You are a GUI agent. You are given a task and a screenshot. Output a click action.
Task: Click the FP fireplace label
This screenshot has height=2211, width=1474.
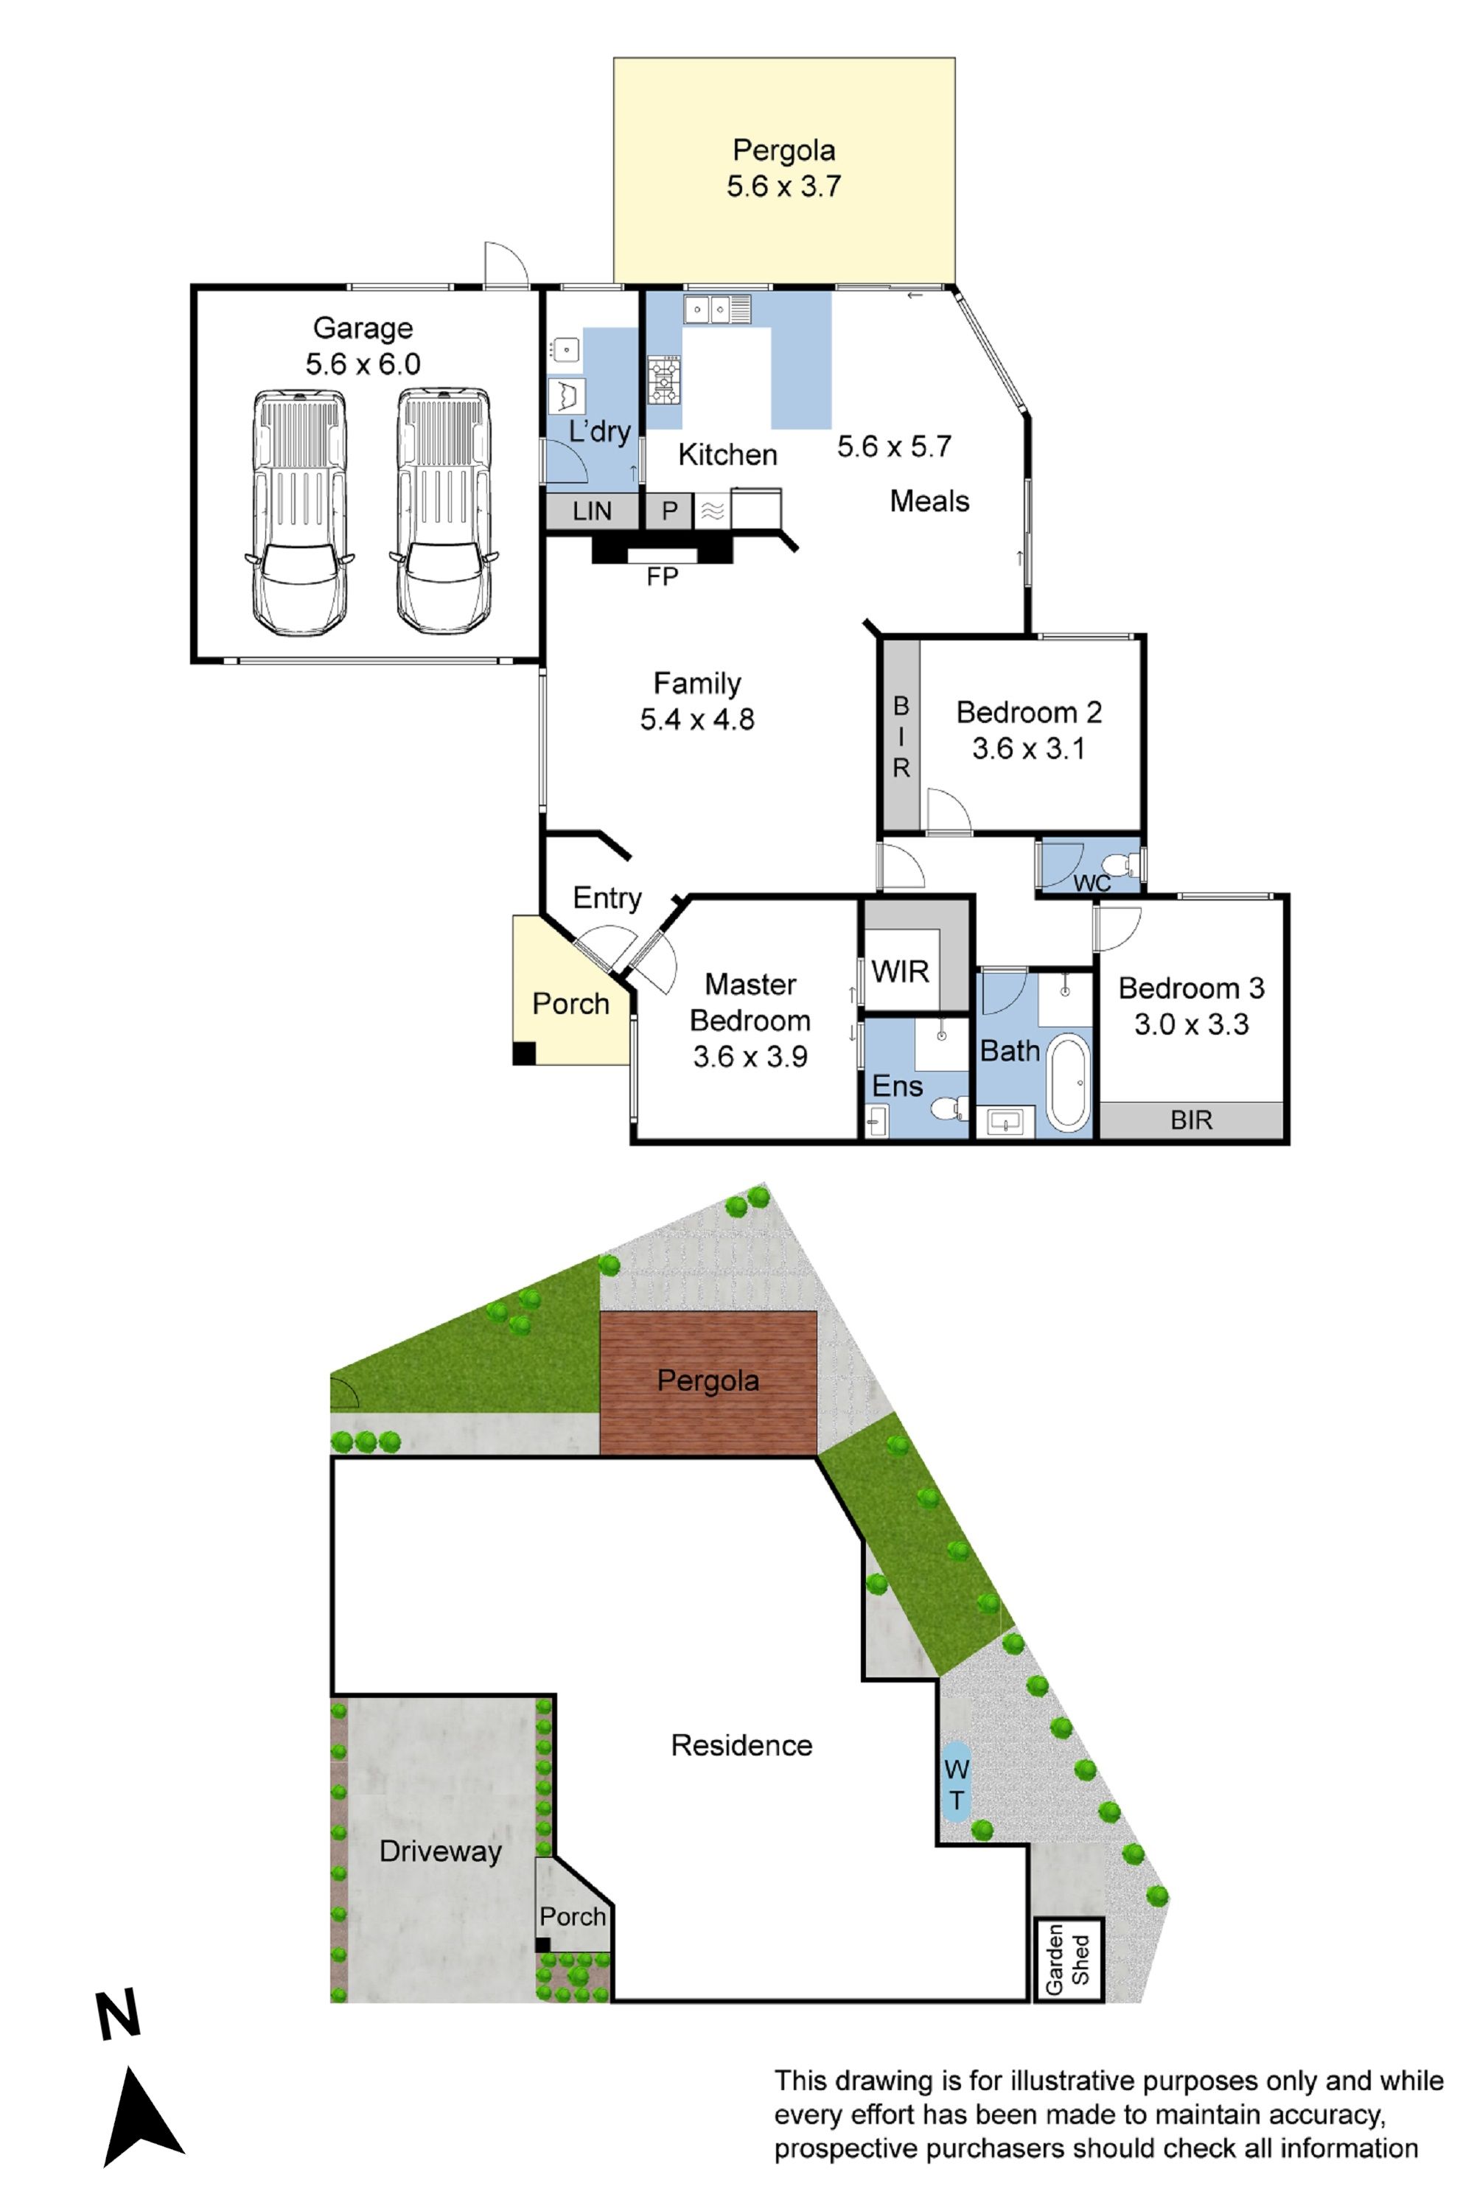pyautogui.click(x=662, y=576)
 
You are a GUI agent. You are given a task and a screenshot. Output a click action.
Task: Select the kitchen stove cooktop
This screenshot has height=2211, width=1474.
pyautogui.click(x=664, y=380)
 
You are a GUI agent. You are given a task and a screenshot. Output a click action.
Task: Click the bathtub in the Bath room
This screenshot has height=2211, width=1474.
pyautogui.click(x=1068, y=1082)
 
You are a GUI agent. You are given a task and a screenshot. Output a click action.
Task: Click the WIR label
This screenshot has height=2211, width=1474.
pyautogui.click(x=900, y=971)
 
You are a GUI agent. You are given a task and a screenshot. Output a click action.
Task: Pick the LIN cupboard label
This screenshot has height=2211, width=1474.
pyautogui.click(x=593, y=511)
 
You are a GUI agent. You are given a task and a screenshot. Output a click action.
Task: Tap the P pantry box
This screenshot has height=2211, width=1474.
pyautogui.click(x=669, y=511)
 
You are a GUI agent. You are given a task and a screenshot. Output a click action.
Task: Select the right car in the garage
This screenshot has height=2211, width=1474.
pyautogui.click(x=444, y=511)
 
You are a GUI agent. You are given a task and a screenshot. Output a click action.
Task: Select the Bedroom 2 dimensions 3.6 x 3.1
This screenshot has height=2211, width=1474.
pyautogui.click(x=1028, y=750)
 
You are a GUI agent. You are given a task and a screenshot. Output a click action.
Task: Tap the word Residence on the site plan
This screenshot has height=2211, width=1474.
pyautogui.click(x=741, y=1746)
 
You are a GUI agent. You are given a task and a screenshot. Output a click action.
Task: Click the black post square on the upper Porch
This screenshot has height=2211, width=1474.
pyautogui.click(x=523, y=1053)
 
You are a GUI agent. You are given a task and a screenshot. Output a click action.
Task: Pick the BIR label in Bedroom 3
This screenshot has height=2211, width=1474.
pyautogui.click(x=1191, y=1120)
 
